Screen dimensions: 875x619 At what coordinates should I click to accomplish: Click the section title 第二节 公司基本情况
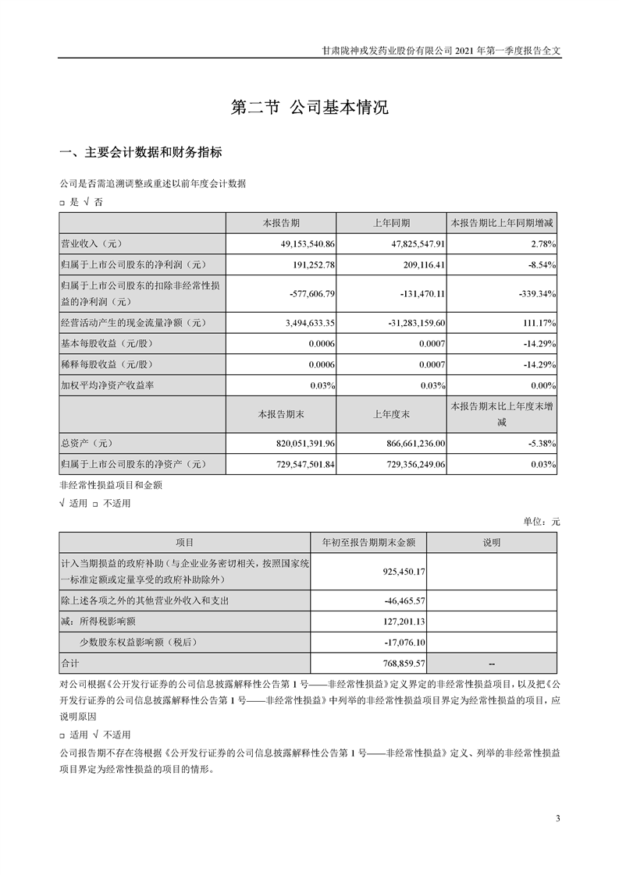click(x=310, y=108)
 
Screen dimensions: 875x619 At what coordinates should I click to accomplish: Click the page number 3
click(x=558, y=818)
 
